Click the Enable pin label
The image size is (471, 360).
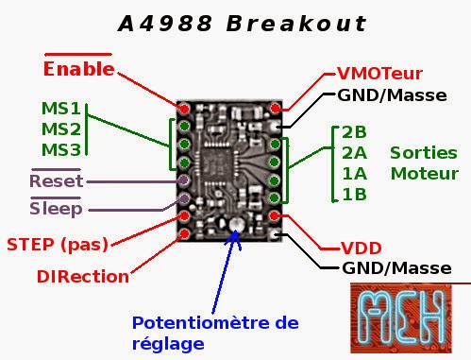point(78,69)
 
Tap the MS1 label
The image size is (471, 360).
point(61,108)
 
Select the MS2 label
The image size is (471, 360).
point(61,128)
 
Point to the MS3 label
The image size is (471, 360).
point(61,148)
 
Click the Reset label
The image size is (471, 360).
point(56,180)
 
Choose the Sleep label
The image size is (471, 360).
point(56,208)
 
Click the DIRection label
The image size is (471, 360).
point(83,277)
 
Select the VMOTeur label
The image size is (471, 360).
point(379,74)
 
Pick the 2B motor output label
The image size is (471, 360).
point(354,131)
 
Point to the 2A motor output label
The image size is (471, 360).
point(355,152)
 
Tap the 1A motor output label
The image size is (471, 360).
point(354,173)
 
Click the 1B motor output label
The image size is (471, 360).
point(354,194)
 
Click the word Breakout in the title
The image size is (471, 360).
point(296,23)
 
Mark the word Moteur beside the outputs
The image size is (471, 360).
point(424,173)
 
